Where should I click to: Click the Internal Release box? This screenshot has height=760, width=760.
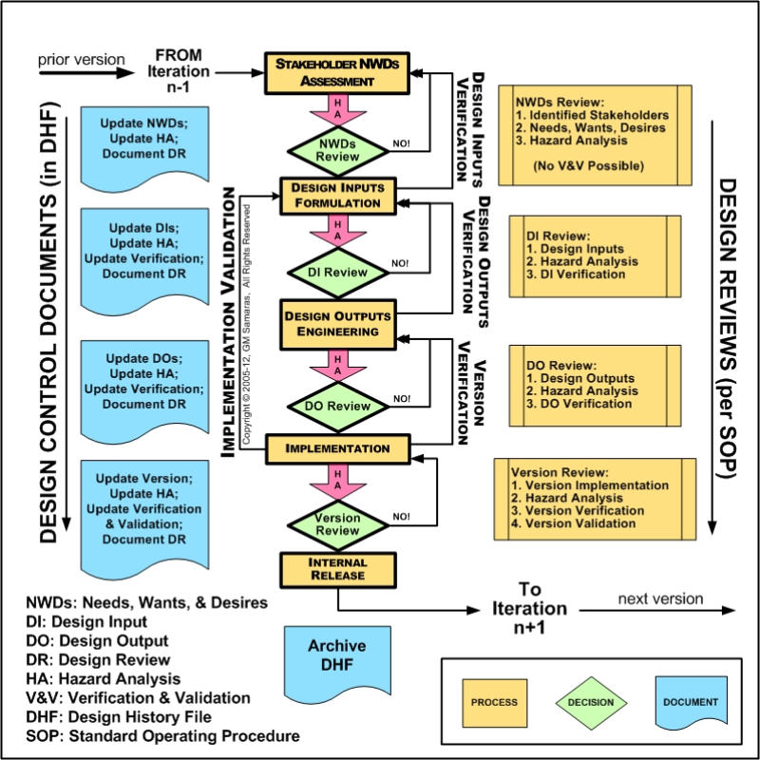point(323,568)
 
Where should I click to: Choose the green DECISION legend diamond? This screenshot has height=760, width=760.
point(592,703)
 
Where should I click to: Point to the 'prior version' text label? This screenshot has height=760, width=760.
point(73,60)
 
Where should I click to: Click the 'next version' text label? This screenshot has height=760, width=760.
point(660,598)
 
